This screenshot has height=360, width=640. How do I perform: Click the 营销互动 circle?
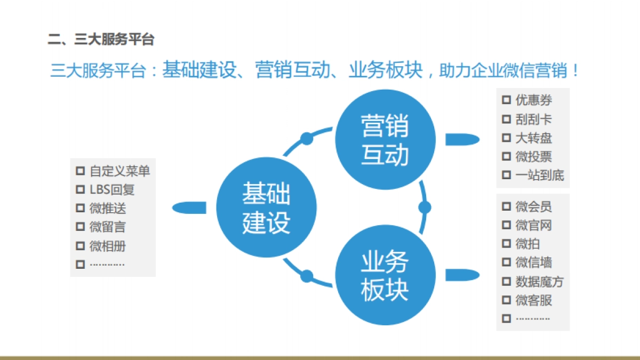pyautogui.click(x=384, y=140)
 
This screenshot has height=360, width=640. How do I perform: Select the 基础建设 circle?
pyautogui.click(x=266, y=207)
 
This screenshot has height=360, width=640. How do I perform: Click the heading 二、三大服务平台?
pyautogui.click(x=101, y=39)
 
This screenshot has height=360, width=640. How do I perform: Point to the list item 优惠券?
pyautogui.click(x=534, y=100)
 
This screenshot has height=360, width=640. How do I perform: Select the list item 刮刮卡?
pyautogui.click(x=534, y=119)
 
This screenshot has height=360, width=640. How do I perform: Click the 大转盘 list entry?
pyautogui.click(x=534, y=138)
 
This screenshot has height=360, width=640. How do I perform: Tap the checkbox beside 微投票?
pyautogui.click(x=506, y=156)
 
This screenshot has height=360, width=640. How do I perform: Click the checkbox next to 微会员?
pyautogui.click(x=506, y=207)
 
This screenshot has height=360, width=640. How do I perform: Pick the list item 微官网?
pyautogui.click(x=534, y=226)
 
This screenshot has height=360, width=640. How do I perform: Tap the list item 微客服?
pyautogui.click(x=534, y=300)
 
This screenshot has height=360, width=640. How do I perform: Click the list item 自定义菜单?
pyautogui.click(x=119, y=171)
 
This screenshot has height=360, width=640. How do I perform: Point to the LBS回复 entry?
pyautogui.click(x=112, y=189)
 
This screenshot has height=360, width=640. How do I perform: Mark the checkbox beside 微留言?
pyautogui.click(x=81, y=227)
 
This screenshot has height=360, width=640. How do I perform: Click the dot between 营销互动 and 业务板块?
pyautogui.click(x=425, y=207)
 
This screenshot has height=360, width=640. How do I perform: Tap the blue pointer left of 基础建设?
pyautogui.click(x=189, y=207)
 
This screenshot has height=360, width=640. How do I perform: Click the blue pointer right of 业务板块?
pyautogui.click(x=462, y=275)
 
